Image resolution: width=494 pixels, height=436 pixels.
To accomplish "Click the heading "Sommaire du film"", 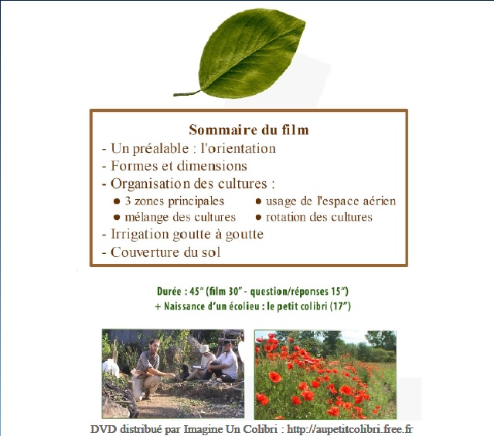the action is (249, 130).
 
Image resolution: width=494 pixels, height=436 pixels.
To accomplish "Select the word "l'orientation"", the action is (238, 148).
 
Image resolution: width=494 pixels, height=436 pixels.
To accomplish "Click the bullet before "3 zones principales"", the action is (117, 201).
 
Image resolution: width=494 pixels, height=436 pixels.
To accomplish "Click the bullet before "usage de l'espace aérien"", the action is (258, 201).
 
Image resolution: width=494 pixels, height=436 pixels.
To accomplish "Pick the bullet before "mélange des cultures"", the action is (117, 217).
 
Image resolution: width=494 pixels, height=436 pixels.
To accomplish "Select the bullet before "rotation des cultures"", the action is (258, 217).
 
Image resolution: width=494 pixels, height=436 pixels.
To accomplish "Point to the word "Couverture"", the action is (145, 252).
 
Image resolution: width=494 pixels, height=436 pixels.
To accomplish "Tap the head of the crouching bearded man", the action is (155, 346).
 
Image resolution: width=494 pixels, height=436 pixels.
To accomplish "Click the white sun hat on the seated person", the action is (205, 349).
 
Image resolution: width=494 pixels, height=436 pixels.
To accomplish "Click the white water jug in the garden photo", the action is (111, 368).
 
